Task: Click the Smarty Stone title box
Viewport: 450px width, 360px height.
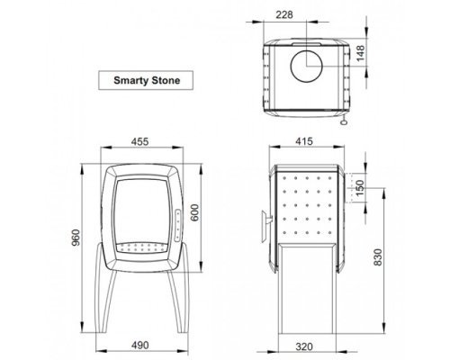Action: (x=146, y=80)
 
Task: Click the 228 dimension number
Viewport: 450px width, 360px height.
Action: (x=284, y=14)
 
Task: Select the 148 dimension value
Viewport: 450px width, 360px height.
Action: (x=360, y=53)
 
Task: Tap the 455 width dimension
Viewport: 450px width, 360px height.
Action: (x=139, y=141)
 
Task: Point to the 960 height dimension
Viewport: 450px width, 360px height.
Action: (x=76, y=238)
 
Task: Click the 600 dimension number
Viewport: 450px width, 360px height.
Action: (x=194, y=212)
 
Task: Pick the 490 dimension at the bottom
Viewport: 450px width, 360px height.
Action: (x=139, y=345)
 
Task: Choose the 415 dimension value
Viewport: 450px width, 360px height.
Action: (x=304, y=141)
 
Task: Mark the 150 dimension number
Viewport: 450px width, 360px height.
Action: (x=360, y=188)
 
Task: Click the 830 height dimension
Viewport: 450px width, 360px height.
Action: (x=378, y=257)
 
